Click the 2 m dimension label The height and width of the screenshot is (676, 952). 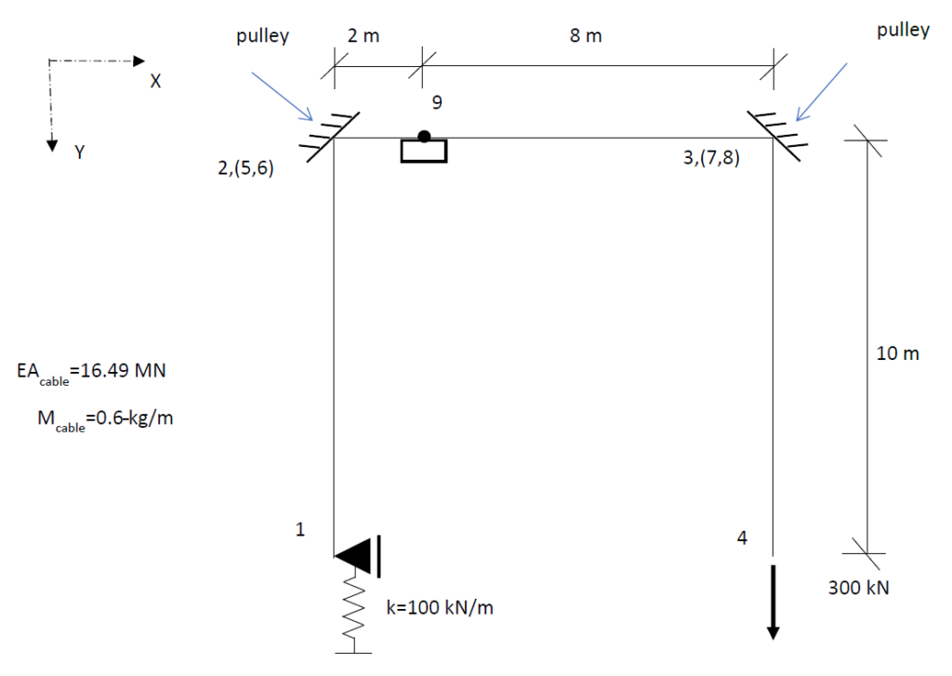(364, 36)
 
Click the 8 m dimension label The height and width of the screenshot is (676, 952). (586, 36)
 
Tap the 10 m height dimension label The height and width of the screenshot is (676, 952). (897, 353)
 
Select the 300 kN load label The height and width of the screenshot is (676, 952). (858, 588)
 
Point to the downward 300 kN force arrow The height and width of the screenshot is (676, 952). (773, 602)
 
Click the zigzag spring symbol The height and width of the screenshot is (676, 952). (354, 607)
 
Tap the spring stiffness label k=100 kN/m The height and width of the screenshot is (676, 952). (440, 607)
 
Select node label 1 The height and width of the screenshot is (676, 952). (300, 530)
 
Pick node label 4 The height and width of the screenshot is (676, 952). (742, 537)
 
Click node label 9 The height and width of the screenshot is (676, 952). (437, 102)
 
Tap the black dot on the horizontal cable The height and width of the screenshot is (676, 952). (424, 137)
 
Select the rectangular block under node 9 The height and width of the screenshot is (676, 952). (424, 152)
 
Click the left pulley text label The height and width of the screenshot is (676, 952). (262, 36)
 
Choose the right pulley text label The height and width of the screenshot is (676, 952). (903, 31)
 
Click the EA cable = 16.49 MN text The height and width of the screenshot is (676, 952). (91, 372)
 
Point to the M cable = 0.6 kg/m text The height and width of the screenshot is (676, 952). (105, 419)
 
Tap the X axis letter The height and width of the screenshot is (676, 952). (155, 82)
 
